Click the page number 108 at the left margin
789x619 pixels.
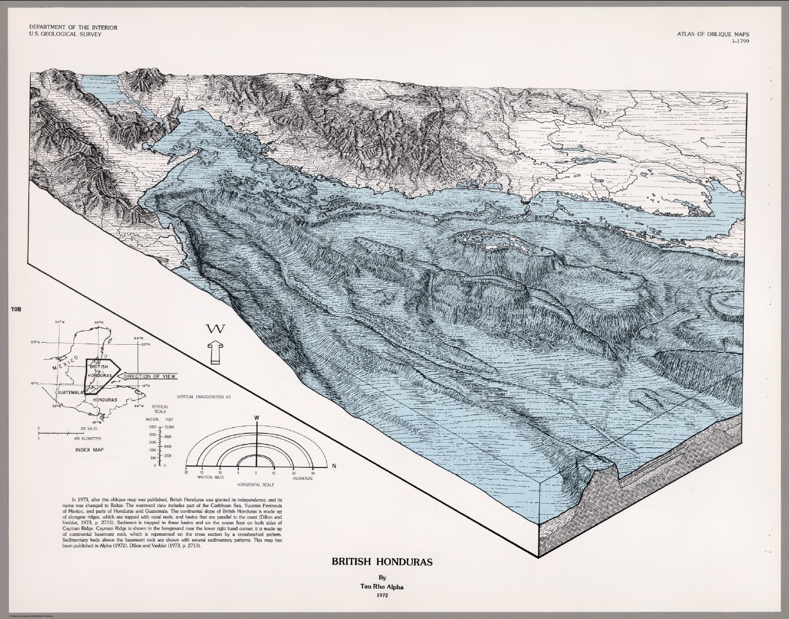tap(14, 309)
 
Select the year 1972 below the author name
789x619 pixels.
tap(382, 596)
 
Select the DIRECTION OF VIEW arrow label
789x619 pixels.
tap(149, 377)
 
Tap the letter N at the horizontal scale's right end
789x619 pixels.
tap(334, 466)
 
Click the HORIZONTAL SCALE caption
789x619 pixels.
tap(255, 485)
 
